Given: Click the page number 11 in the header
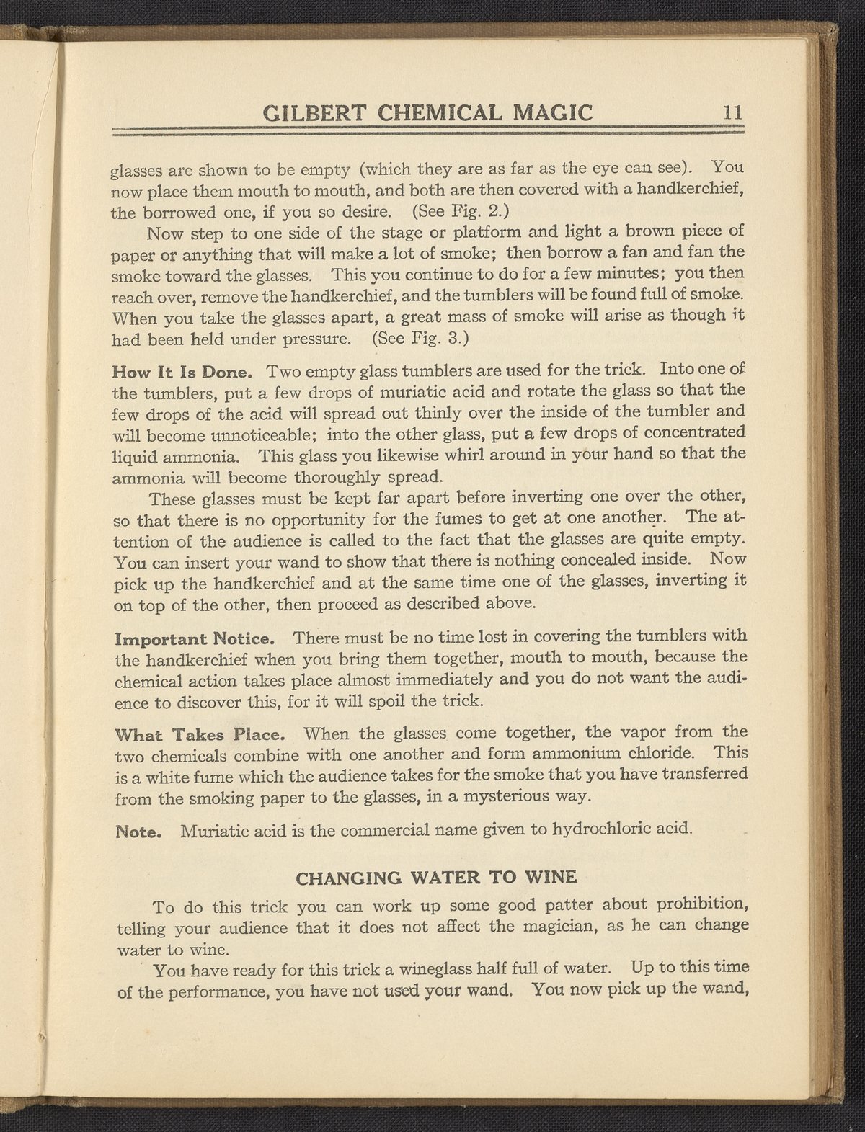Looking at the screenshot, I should tap(732, 113).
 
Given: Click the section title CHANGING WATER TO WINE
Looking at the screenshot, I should tap(437, 878).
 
